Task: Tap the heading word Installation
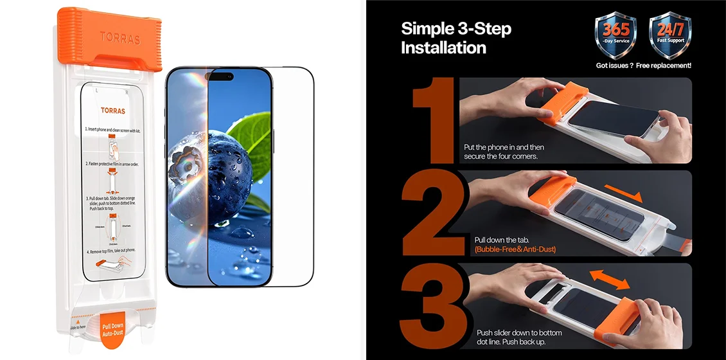click(443, 48)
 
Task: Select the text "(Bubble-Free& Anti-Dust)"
click(515, 249)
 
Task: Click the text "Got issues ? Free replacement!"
click(643, 66)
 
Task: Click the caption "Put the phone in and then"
click(508, 147)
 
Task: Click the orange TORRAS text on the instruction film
click(113, 111)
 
